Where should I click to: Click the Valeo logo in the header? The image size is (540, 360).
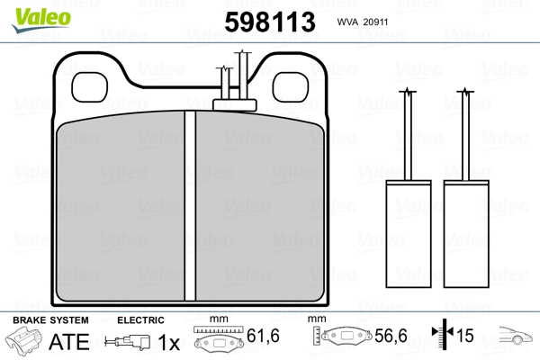click(41, 20)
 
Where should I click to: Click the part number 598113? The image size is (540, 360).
click(270, 22)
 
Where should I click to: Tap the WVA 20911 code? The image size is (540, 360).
click(363, 22)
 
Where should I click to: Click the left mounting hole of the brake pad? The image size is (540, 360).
click(89, 87)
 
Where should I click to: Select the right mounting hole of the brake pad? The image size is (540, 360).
click(291, 87)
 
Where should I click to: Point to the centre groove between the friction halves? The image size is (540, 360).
click(190, 206)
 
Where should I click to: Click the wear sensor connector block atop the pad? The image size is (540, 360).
click(235, 105)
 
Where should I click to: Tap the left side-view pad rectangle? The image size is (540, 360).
click(409, 234)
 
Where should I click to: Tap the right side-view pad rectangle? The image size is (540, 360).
click(466, 234)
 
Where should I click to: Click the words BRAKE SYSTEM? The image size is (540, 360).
click(50, 320)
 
